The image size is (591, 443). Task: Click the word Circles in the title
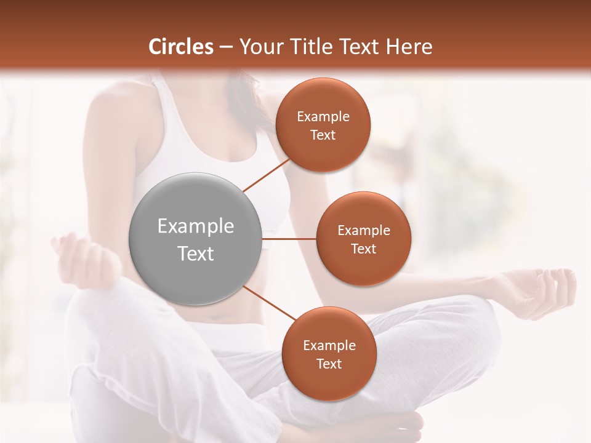180,47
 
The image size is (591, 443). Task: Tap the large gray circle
196,239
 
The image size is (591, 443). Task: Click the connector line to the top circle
267,175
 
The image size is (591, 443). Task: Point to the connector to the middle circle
289,239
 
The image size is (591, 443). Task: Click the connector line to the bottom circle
268,302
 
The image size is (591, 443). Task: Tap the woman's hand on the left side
83,258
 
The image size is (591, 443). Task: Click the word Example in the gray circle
196,226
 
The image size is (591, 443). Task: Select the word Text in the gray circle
196,253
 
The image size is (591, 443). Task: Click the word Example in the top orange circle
323,117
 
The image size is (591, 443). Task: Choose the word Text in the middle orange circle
363,249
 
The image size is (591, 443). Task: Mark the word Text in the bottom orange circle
329,364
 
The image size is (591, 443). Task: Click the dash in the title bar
226,47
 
